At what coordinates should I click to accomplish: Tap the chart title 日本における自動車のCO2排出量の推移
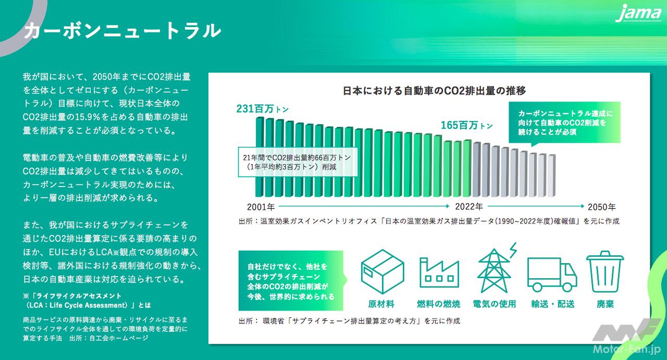tap(434, 91)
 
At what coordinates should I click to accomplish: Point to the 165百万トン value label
tap(466, 125)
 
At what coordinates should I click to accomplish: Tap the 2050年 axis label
tap(601, 206)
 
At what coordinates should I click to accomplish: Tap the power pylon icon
tap(495, 269)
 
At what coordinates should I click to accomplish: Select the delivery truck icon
tap(552, 275)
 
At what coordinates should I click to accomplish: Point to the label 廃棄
tap(605, 304)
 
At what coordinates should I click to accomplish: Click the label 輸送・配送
tap(552, 304)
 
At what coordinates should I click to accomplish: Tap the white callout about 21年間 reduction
tap(298, 163)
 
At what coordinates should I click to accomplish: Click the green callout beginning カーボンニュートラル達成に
tap(564, 123)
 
